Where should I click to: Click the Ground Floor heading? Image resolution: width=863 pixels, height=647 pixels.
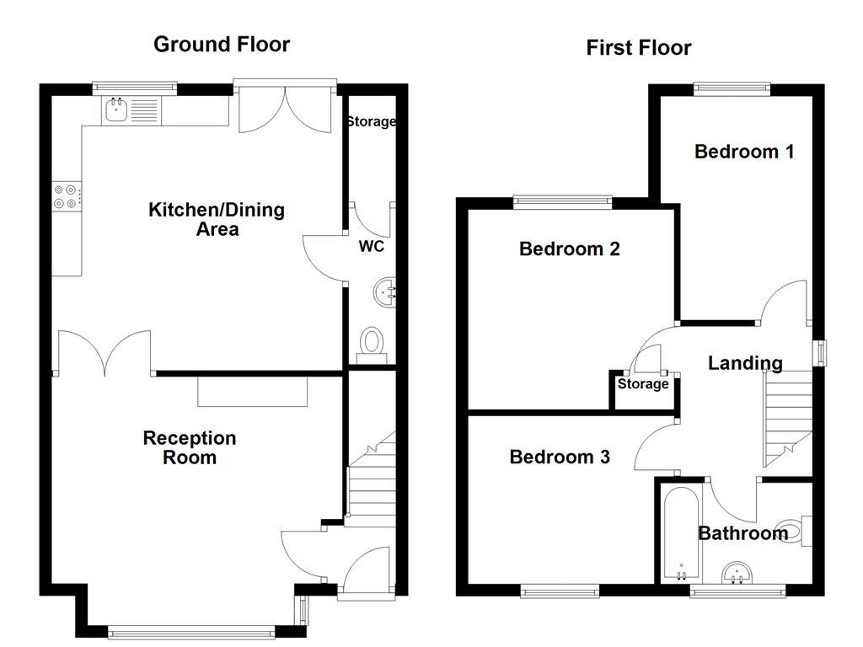click(221, 45)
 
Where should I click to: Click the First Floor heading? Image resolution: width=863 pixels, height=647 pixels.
click(638, 48)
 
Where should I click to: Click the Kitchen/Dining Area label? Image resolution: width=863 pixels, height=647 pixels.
click(217, 219)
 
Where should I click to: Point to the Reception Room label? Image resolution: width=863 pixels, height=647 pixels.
click(190, 447)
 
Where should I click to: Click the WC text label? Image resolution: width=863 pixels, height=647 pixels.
click(372, 247)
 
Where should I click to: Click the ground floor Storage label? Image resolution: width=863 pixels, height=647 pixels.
click(371, 121)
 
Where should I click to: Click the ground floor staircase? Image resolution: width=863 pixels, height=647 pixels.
click(371, 480)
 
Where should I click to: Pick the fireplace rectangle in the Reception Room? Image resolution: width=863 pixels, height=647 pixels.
click(253, 392)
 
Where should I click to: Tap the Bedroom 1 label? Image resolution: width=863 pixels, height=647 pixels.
click(744, 152)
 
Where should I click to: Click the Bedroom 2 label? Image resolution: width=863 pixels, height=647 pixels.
click(570, 249)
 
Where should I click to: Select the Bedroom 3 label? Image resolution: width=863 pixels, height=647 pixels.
click(560, 457)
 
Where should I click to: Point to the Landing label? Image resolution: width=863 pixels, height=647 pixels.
click(745, 363)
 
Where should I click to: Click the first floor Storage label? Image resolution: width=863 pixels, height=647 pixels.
click(643, 384)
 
